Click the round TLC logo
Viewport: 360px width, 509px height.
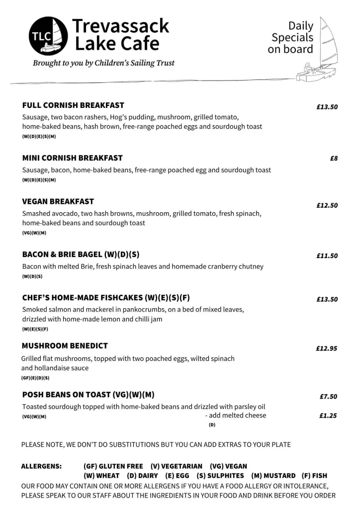(x=48, y=35)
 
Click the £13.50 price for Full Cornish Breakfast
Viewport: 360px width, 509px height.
(x=327, y=107)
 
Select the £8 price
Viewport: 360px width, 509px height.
(x=334, y=159)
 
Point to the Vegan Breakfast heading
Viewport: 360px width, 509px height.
(x=58, y=201)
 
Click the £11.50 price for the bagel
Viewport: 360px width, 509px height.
(x=327, y=256)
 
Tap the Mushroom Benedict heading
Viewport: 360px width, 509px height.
(x=65, y=345)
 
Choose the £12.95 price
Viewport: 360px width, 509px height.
(x=326, y=348)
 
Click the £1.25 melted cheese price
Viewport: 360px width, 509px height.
(x=328, y=416)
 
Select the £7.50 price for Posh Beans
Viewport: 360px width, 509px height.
(x=328, y=397)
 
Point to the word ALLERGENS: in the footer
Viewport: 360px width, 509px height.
(x=41, y=466)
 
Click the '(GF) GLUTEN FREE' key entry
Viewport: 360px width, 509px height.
(x=113, y=466)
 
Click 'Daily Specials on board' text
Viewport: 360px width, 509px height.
(x=292, y=37)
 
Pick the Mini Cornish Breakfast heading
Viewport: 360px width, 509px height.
(x=72, y=158)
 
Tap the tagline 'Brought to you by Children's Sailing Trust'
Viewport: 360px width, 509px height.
(x=103, y=63)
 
